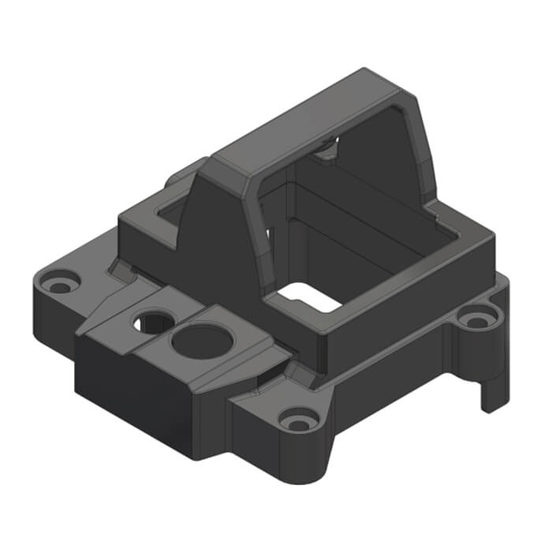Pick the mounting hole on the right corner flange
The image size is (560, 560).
(x=475, y=319)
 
